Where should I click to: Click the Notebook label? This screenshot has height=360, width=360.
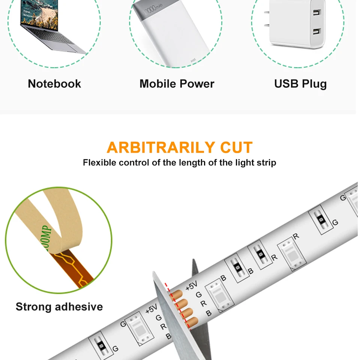click(x=54, y=84)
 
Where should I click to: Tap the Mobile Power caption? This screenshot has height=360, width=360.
click(x=177, y=84)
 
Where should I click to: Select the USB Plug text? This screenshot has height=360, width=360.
click(x=300, y=84)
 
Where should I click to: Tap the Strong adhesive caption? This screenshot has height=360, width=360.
click(x=59, y=307)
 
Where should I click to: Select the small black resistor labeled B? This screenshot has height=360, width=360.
click(x=237, y=267)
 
